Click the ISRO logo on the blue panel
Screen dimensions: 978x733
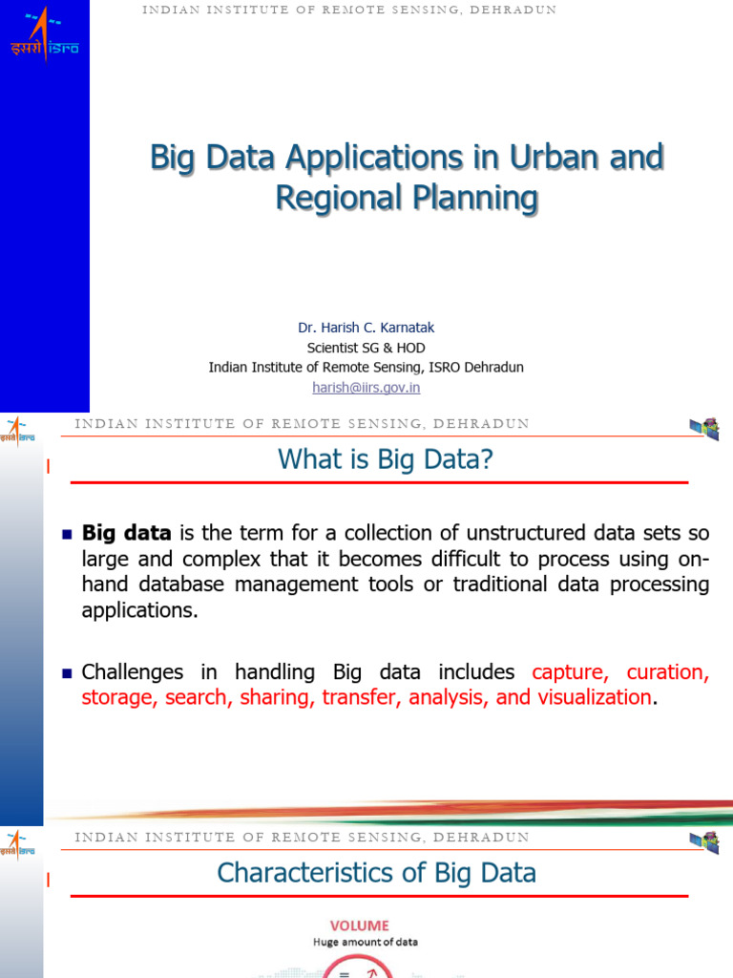coord(44,36)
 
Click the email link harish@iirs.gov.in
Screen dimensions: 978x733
coord(366,388)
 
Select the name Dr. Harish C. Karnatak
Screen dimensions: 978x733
coord(366,328)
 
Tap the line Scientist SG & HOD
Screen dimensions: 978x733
coord(366,348)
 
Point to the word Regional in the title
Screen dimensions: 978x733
coord(336,198)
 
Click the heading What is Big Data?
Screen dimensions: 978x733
coord(385,459)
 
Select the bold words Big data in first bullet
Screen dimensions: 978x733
coord(127,533)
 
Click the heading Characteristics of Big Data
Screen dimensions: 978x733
coord(376,873)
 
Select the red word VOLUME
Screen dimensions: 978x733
coord(360,925)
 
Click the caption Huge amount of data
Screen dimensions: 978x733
coord(365,942)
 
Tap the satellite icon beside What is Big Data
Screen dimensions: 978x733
coord(705,429)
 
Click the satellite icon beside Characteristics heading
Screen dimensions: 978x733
coord(705,841)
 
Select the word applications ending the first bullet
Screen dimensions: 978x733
coord(140,610)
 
